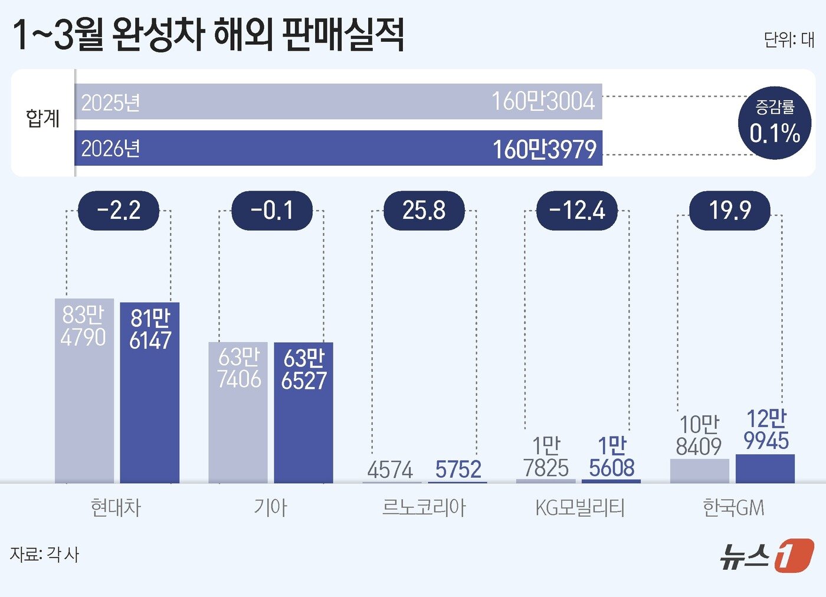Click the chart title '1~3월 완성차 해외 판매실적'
[x=208, y=34]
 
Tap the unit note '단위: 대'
[x=788, y=40]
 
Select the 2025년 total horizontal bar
[x=338, y=101]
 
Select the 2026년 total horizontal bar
[x=338, y=148]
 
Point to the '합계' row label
[x=42, y=119]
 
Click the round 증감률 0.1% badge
[x=774, y=123]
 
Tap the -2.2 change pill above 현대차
[x=119, y=211]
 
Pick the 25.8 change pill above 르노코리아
[x=424, y=211]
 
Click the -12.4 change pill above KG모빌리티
[x=576, y=211]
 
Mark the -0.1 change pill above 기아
[x=271, y=211]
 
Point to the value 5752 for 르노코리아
[x=458, y=470]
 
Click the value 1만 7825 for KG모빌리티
[x=546, y=457]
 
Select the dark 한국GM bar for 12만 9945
[x=765, y=468]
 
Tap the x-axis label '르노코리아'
[x=424, y=507]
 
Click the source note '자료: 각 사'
[x=44, y=555]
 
